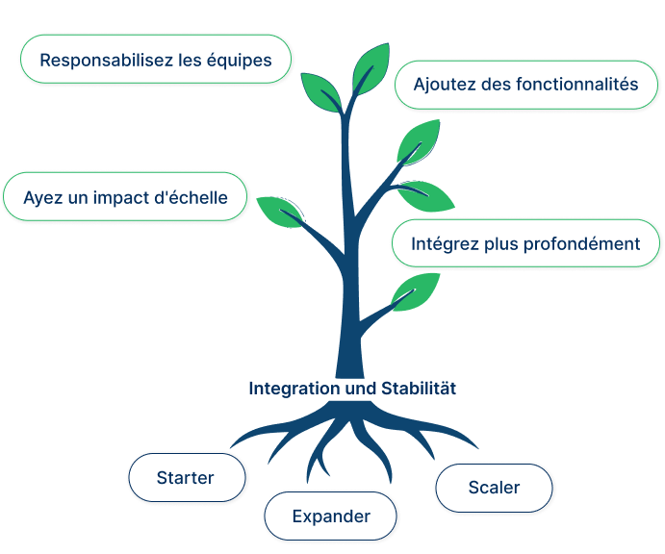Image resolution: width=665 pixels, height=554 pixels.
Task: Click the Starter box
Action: (x=186, y=478)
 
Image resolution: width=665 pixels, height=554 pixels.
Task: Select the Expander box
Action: (x=330, y=516)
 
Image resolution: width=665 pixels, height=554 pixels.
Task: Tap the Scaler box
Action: (x=494, y=487)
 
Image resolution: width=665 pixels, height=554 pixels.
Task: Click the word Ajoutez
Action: (x=445, y=84)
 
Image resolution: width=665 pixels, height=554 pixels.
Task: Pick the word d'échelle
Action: (x=192, y=198)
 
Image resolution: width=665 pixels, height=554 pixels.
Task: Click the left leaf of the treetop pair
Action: (x=321, y=91)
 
